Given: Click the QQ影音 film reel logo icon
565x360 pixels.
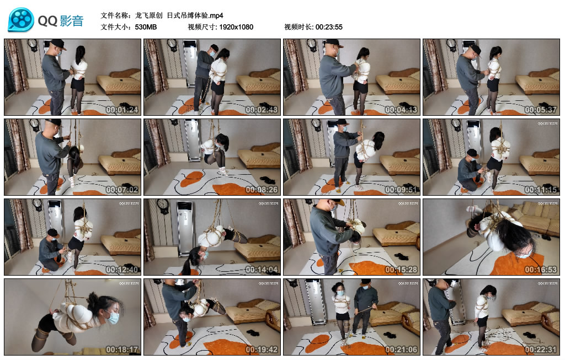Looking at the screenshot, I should [x=21, y=20].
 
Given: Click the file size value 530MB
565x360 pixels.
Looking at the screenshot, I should [x=146, y=26].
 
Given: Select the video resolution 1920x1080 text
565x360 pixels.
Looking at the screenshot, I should [x=236, y=26].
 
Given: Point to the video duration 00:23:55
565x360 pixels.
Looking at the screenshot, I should [x=329, y=26].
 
